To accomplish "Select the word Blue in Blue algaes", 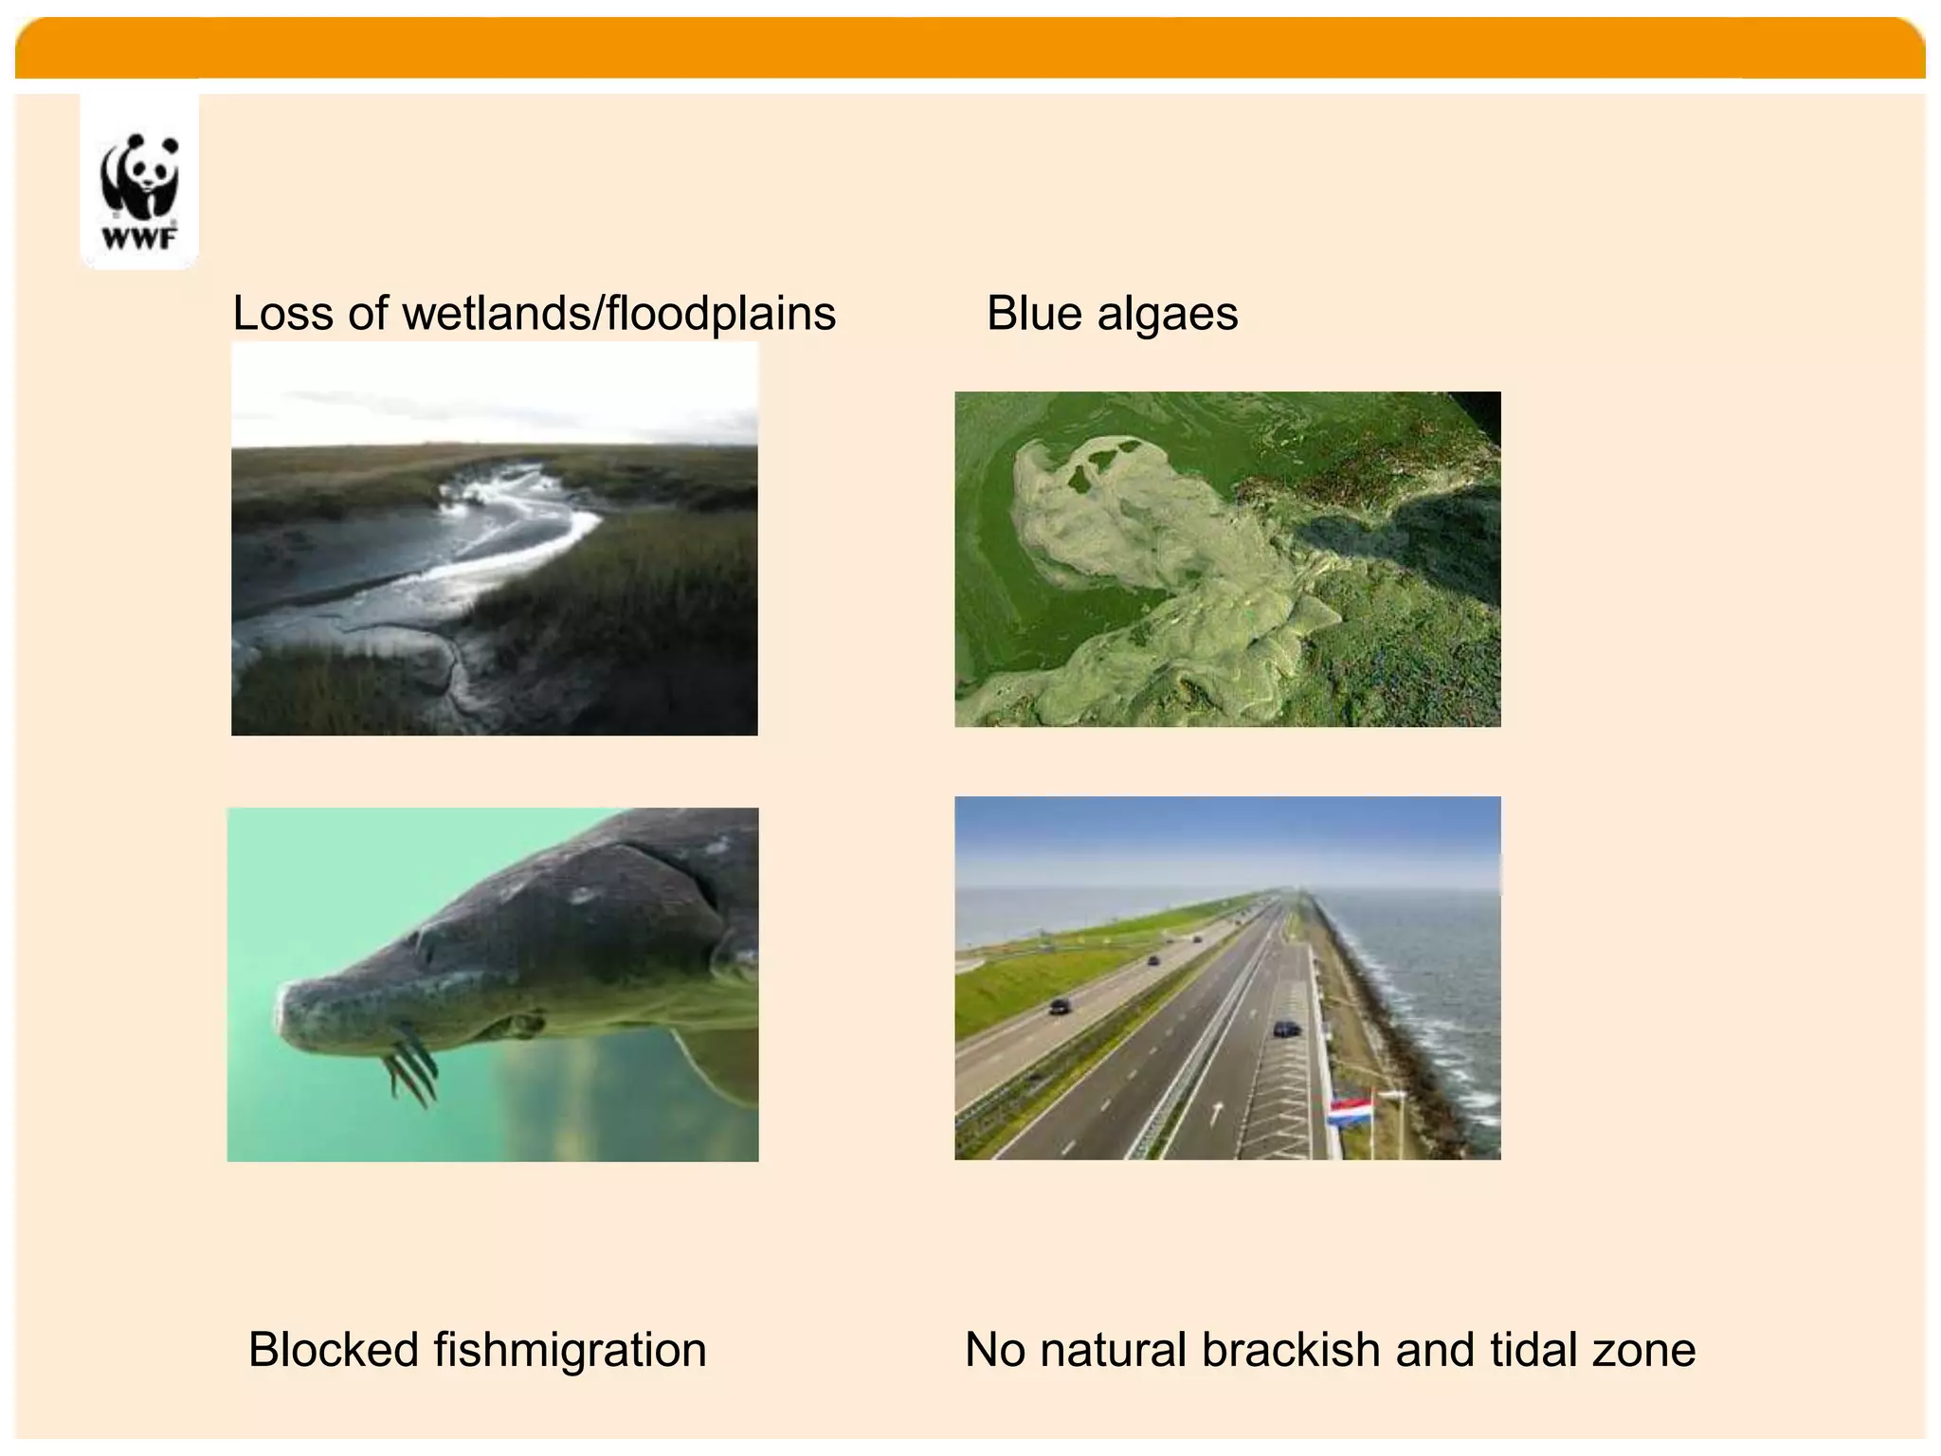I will click(x=1034, y=314).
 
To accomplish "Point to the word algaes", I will click(x=1167, y=314).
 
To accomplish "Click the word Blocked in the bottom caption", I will click(x=333, y=1350).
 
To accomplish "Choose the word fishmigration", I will click(x=570, y=1350).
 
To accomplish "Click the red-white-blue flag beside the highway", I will click(x=1350, y=1111).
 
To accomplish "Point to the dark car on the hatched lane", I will click(x=1286, y=1028).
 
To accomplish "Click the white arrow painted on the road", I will click(x=1217, y=1112).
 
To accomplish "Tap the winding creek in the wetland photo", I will click(x=512, y=531).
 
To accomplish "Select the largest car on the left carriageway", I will click(x=1061, y=1007).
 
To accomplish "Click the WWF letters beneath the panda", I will click(x=139, y=238).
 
